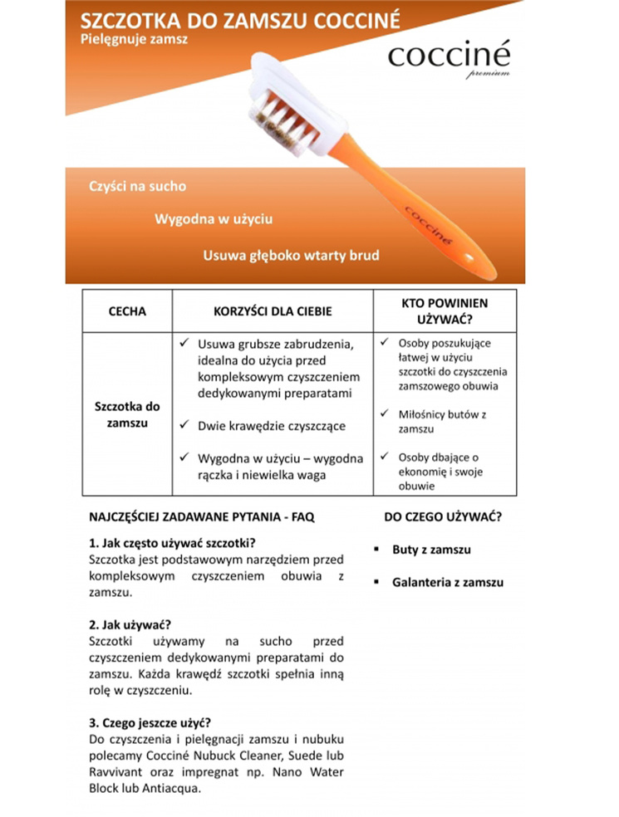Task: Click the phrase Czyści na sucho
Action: tap(138, 186)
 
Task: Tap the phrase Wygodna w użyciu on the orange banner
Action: tap(214, 220)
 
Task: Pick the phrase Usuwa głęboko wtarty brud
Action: tap(291, 256)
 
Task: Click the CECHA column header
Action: tap(127, 311)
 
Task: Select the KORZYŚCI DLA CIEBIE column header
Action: tap(273, 311)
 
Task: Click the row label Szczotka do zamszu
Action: tap(127, 414)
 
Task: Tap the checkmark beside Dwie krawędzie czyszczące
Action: tap(186, 425)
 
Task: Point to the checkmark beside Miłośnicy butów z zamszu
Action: tap(385, 413)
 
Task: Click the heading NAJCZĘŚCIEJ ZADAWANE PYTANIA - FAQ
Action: tap(201, 516)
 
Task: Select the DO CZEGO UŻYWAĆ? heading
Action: tap(442, 516)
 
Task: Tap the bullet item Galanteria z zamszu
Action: tap(448, 582)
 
